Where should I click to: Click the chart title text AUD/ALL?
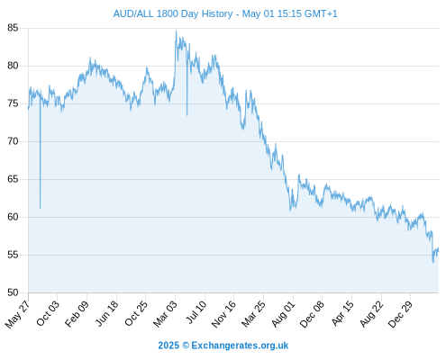[133, 13]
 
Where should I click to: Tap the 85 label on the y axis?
[13, 28]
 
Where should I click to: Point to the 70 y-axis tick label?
[13, 141]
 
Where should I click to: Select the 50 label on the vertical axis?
[13, 292]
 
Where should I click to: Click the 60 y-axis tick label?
[13, 217]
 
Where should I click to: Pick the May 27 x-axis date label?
[17, 314]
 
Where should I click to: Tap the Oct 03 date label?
[48, 313]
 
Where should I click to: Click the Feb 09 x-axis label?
[77, 314]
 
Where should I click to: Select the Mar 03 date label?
[166, 314]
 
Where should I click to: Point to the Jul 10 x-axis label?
[196, 312]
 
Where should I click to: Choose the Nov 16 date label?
[223, 314]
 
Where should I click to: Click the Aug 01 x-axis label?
[284, 314]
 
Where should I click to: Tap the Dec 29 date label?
[400, 314]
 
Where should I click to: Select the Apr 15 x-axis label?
[342, 313]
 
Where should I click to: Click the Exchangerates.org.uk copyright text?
[240, 346]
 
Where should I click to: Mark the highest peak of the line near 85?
[176, 31]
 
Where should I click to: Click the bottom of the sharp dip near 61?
[40, 208]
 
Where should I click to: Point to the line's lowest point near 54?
[433, 262]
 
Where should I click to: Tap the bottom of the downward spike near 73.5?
[187, 115]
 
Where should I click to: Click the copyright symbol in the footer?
[186, 346]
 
